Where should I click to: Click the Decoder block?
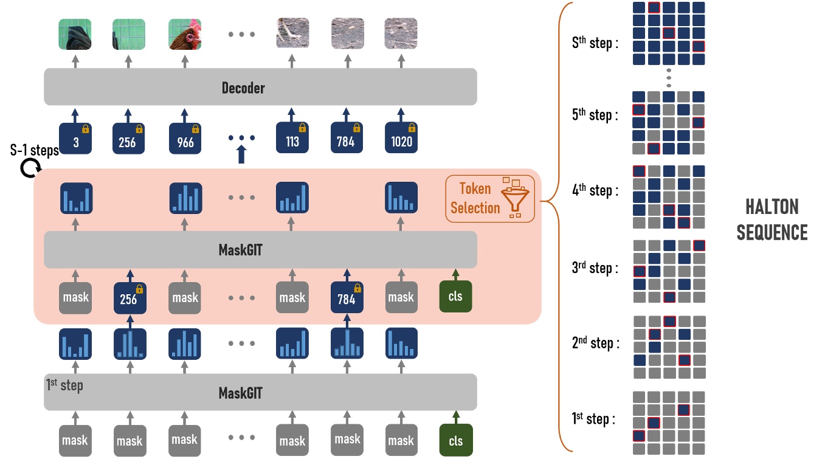(x=260, y=88)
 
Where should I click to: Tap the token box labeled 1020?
(x=401, y=139)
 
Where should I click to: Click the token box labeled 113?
(x=292, y=139)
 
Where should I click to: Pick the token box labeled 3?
(x=75, y=139)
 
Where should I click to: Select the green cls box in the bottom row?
(x=455, y=440)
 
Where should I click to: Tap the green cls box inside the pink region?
(x=455, y=297)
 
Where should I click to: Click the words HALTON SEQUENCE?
(x=772, y=220)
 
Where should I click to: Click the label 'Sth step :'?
(x=595, y=43)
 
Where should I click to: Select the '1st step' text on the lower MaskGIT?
(x=64, y=385)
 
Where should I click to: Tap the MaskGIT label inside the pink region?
(x=240, y=249)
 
